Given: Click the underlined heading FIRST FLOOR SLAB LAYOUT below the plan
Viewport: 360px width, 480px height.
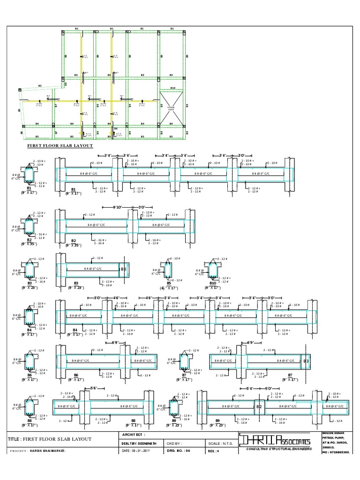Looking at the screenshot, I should pyautogui.click(x=59, y=146).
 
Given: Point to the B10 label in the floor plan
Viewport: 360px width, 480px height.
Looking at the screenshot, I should pyautogui.click(x=172, y=88).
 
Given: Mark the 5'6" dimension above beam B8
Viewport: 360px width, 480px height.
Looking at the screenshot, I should pyautogui.click(x=93, y=388).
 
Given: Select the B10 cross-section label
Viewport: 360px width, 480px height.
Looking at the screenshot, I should pyautogui.click(x=213, y=283).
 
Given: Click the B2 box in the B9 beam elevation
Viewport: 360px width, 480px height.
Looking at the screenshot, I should pyautogui.click(x=259, y=407).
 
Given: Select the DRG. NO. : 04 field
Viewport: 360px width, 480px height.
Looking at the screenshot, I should pyautogui.click(x=178, y=450).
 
